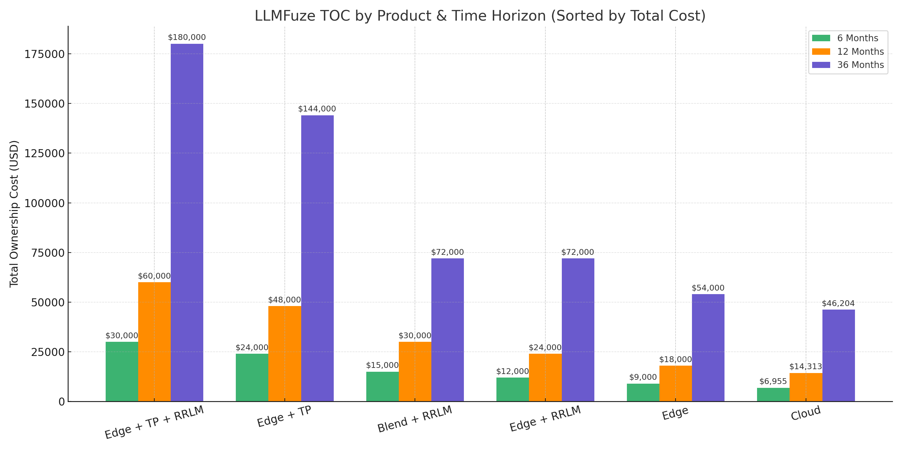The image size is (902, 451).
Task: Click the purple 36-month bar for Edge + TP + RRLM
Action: coord(187,222)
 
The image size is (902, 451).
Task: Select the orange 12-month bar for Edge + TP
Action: coord(284,354)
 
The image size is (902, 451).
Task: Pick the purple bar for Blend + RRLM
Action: coord(447,330)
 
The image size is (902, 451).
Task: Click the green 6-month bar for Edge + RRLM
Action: coord(513,389)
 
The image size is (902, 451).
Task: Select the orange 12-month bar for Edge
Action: coord(676,383)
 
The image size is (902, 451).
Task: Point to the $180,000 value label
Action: coord(187,37)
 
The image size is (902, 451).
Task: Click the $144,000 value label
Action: coord(317,109)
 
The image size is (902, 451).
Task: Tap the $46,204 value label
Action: coord(838,303)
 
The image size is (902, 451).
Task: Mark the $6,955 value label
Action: coord(773,381)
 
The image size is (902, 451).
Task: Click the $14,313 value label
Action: coord(805,367)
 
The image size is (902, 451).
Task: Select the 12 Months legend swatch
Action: coord(821,52)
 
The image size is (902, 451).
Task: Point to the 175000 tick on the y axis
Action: coord(44,54)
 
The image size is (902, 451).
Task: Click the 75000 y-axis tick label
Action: coord(48,253)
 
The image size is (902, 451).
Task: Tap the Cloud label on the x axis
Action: coord(805,413)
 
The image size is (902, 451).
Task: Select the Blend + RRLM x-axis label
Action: coord(415,419)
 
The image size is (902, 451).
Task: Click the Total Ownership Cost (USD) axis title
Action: coord(14,214)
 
